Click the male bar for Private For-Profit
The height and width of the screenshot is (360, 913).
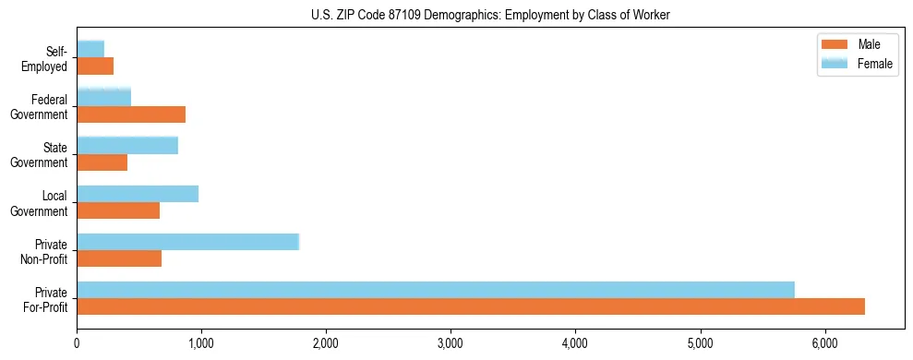coord(471,306)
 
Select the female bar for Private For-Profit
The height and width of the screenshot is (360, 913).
coord(436,290)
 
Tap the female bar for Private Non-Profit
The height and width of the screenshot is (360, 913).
coord(188,242)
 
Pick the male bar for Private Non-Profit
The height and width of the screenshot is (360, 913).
coord(119,258)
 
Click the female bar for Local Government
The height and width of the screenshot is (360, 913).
coord(138,194)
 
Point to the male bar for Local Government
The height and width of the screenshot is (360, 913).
coord(118,210)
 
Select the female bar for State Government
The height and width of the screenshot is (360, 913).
coord(127,145)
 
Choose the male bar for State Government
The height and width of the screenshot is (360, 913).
coord(102,162)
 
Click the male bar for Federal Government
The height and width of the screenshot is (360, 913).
coord(131,114)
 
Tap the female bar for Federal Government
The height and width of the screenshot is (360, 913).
coord(104,97)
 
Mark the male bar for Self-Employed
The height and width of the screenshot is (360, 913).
coord(95,66)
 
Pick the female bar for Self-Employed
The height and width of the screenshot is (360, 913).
coord(90,49)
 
